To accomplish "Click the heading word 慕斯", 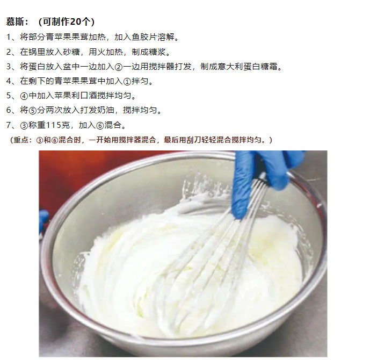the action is [15, 21].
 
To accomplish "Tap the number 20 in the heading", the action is [76, 21].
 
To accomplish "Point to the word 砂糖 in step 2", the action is [71, 52].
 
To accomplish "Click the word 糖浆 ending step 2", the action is [157, 52].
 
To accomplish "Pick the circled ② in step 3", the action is [119, 67].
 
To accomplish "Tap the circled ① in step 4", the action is [127, 82].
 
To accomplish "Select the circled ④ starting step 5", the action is [24, 96].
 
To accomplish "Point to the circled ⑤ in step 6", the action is [33, 111].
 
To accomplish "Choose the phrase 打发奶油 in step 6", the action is [97, 110].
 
